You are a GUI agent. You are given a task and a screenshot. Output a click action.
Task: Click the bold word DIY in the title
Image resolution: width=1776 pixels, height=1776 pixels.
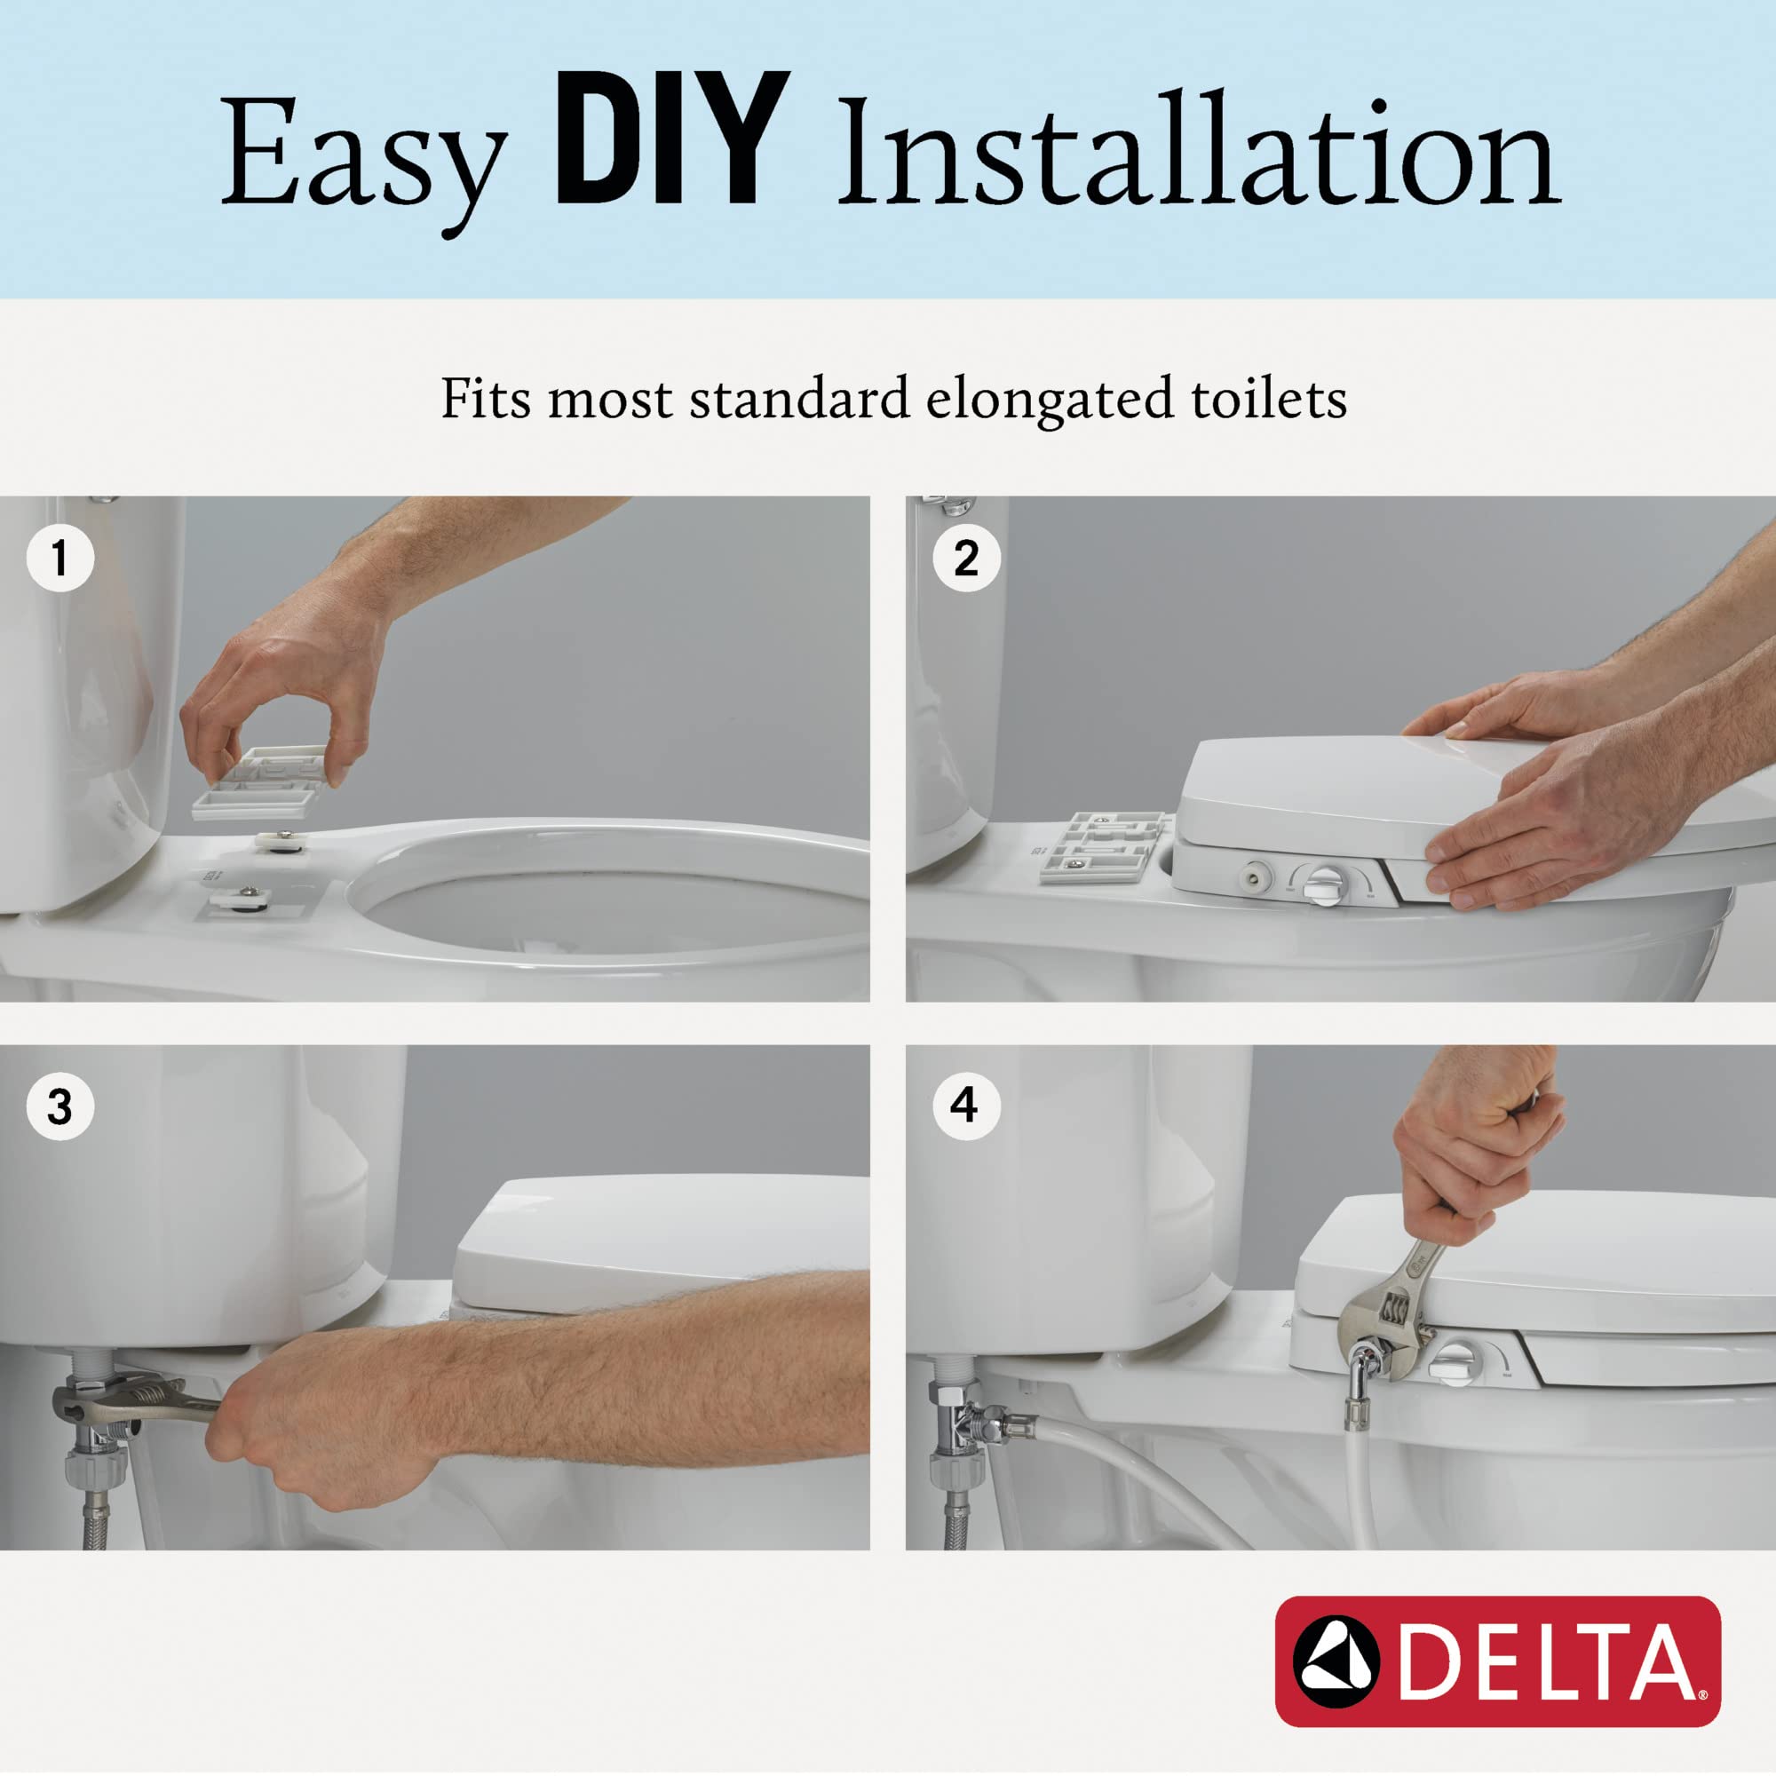click(x=671, y=139)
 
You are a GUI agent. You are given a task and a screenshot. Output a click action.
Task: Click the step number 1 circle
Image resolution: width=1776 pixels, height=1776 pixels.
click(x=60, y=557)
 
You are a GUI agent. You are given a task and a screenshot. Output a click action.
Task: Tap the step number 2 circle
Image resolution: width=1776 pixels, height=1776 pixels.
click(x=966, y=557)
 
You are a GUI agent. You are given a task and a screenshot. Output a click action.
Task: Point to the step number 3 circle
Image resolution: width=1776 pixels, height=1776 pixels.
click(x=60, y=1106)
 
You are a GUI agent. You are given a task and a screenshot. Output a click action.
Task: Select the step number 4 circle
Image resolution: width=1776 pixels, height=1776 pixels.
click(x=966, y=1106)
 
